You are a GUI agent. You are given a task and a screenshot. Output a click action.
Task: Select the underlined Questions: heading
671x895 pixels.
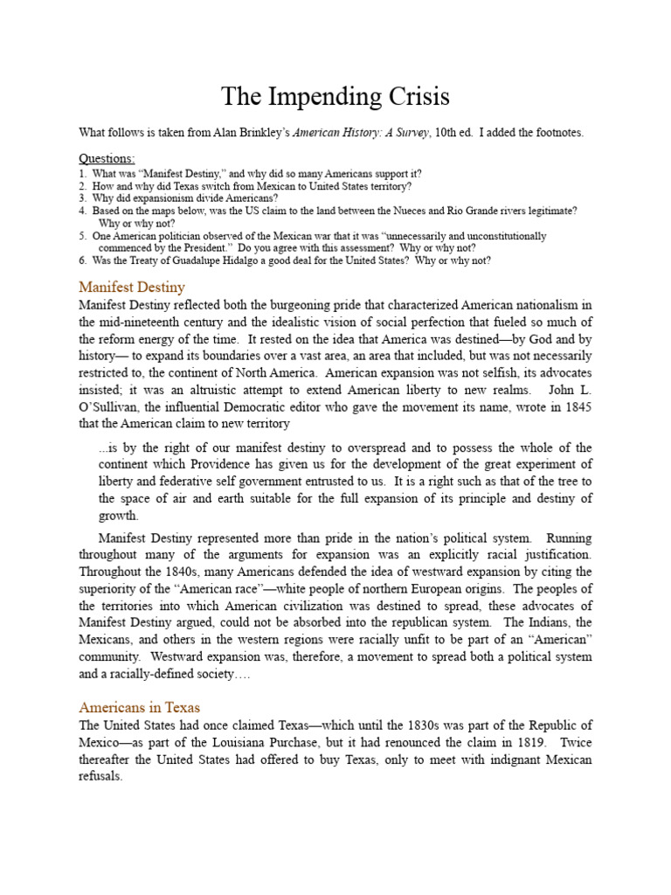[107, 158]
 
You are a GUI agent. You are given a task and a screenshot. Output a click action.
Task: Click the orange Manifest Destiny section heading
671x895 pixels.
[132, 287]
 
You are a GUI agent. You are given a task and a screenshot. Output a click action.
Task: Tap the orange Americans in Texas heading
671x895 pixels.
[139, 707]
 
